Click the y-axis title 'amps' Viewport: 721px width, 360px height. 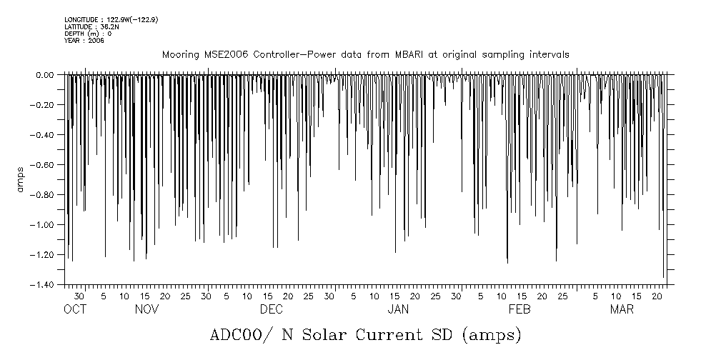(x=21, y=179)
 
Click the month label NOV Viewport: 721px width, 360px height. (x=146, y=310)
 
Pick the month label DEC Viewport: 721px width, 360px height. (x=271, y=310)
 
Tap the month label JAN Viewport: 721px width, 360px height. (x=398, y=310)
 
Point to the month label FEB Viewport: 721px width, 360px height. (x=519, y=310)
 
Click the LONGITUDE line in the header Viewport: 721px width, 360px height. (x=111, y=19)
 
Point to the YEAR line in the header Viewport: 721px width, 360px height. (x=84, y=41)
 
